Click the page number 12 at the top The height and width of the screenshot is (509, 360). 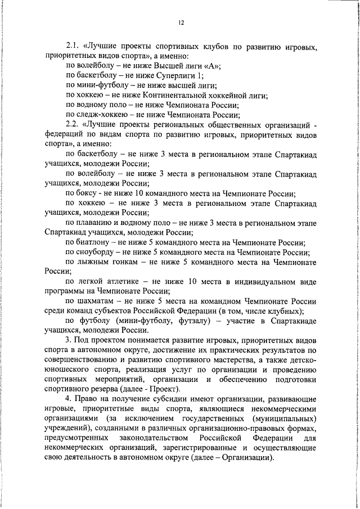click(x=181, y=22)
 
